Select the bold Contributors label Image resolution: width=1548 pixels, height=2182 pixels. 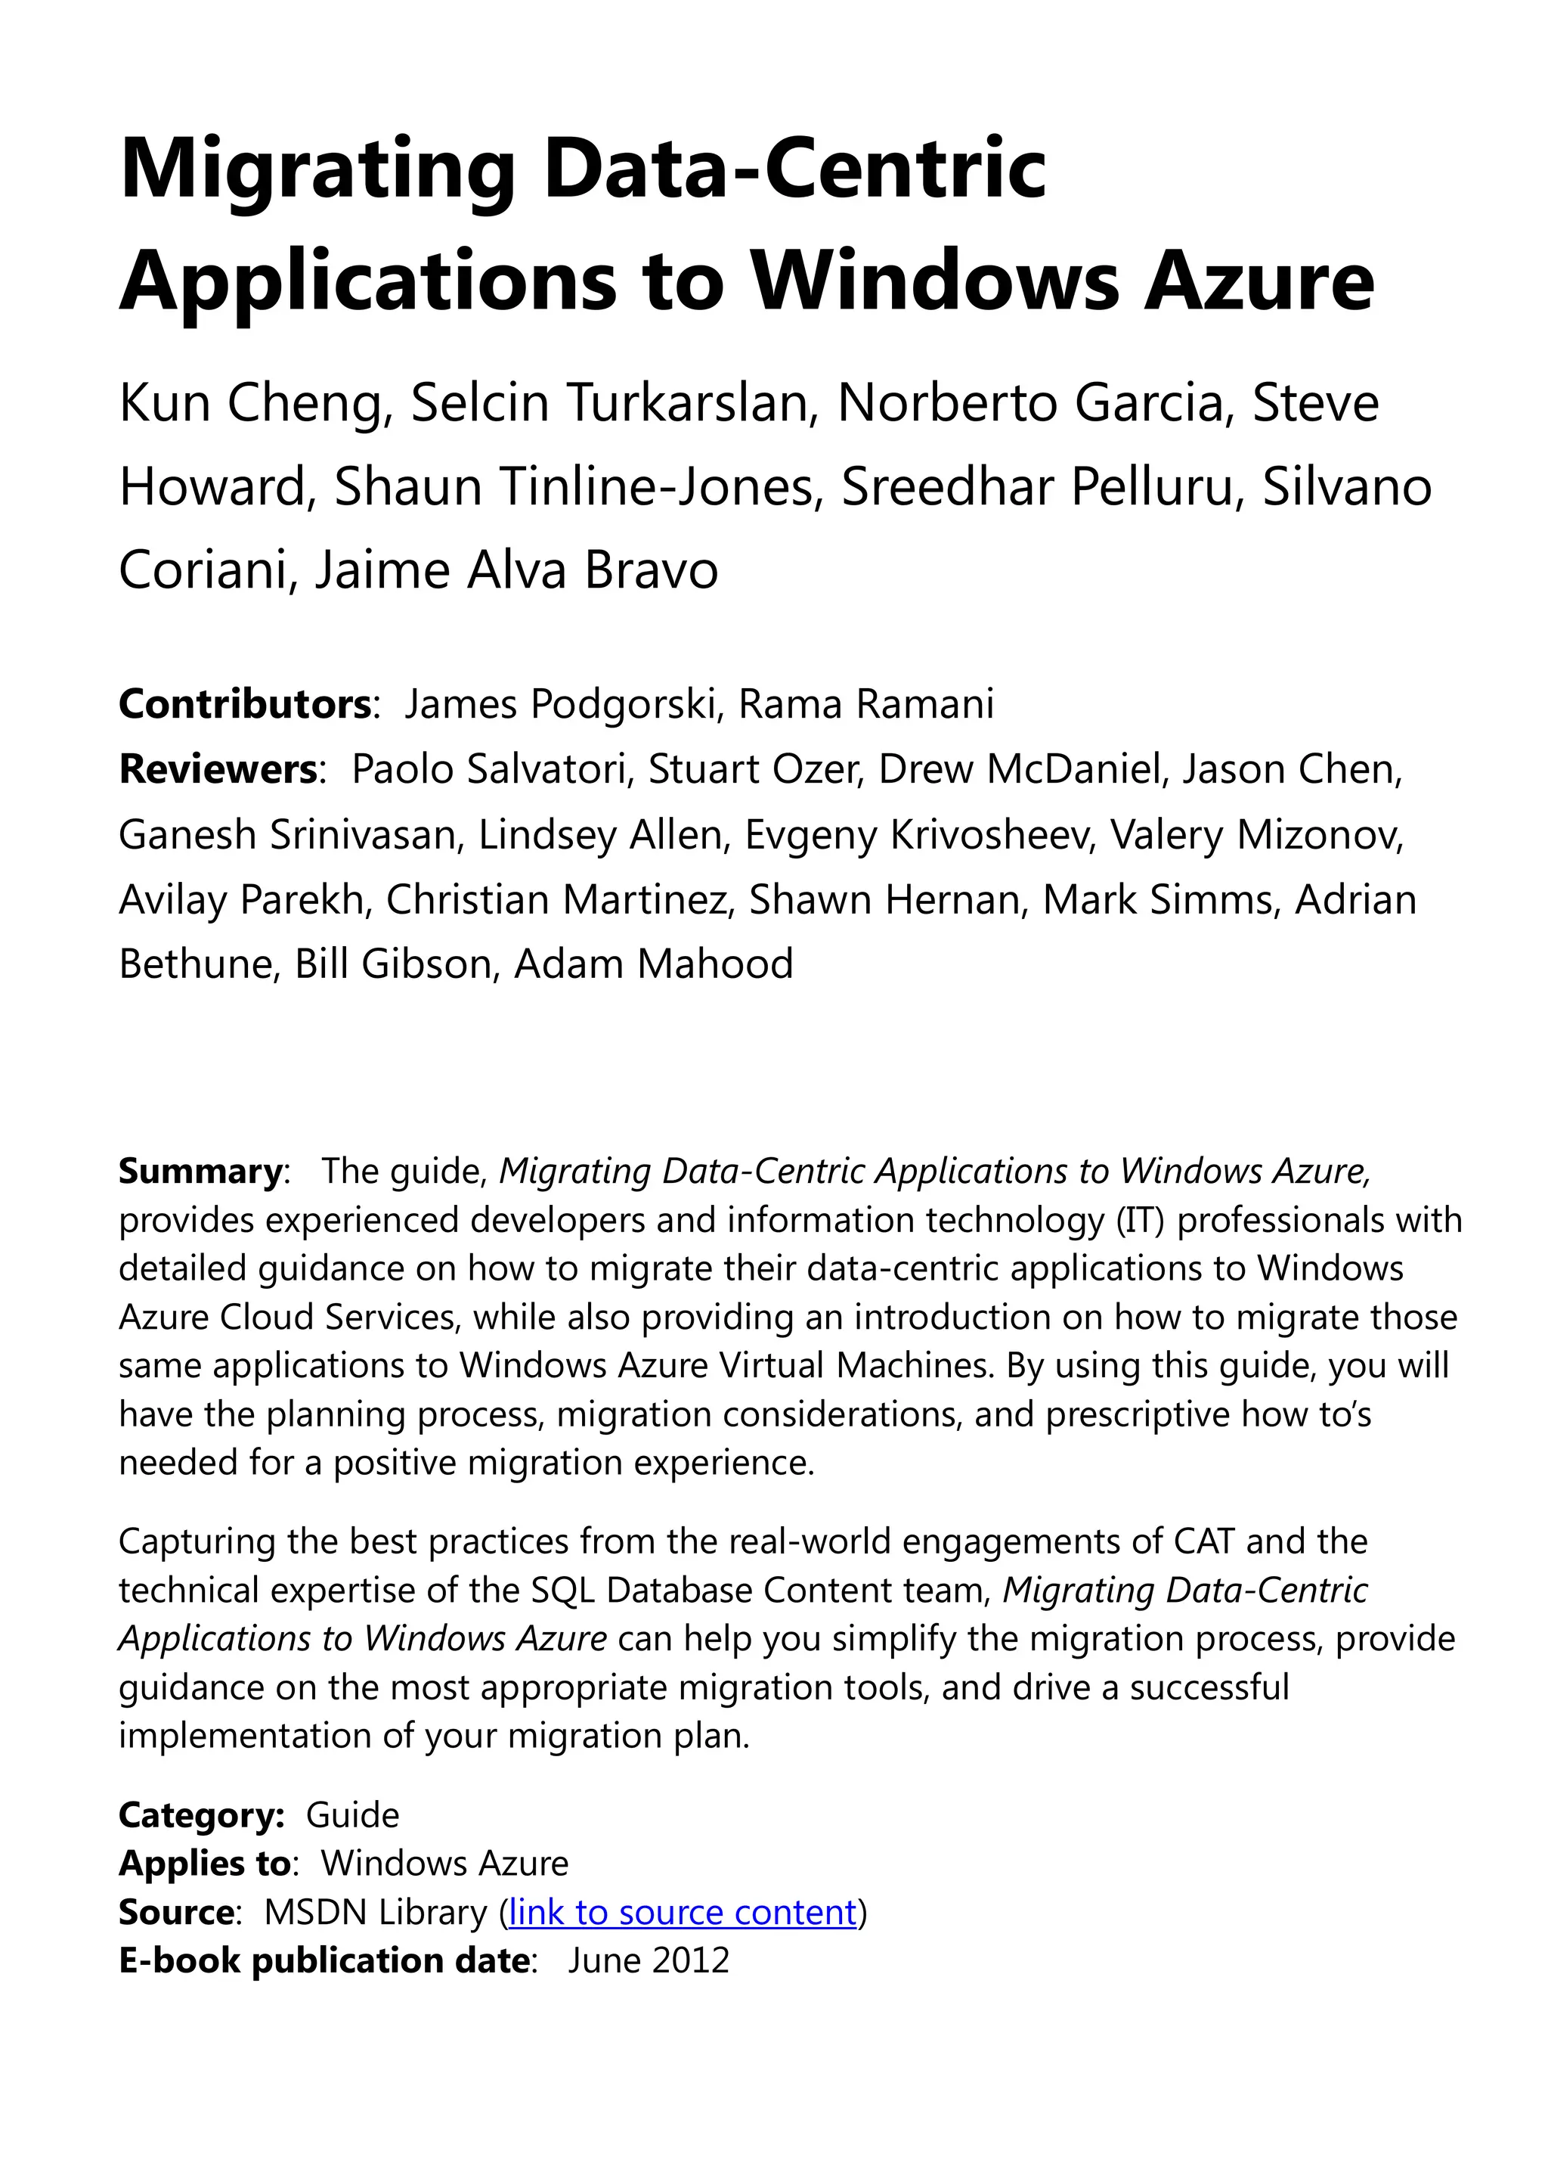[244, 704]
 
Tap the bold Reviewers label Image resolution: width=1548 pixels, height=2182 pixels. [218, 768]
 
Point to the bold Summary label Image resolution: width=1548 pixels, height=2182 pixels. [200, 1170]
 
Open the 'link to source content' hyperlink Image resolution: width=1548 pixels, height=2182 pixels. [683, 1912]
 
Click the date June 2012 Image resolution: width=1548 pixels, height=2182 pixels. [649, 1960]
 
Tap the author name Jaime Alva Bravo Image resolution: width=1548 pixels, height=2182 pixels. [515, 570]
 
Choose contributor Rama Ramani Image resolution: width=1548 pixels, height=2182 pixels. [865, 704]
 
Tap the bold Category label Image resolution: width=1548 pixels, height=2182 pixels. [201, 1815]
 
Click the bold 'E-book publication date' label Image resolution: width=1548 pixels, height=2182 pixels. [324, 1960]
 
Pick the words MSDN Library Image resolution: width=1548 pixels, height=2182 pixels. [376, 1912]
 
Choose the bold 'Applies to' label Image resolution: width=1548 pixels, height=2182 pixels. [205, 1863]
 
